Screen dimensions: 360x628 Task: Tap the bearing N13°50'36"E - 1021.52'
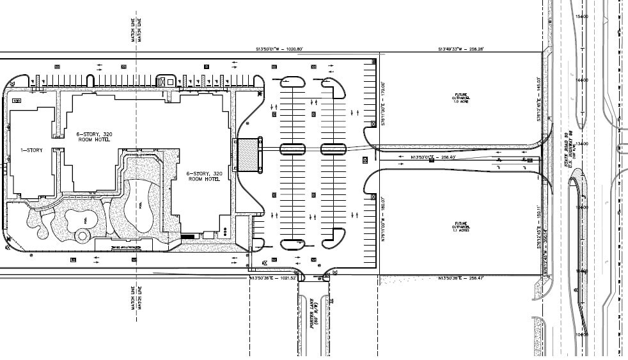[274, 278]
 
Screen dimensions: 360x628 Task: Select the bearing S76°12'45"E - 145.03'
[539, 92]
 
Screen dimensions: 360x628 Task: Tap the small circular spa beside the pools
[82, 236]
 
